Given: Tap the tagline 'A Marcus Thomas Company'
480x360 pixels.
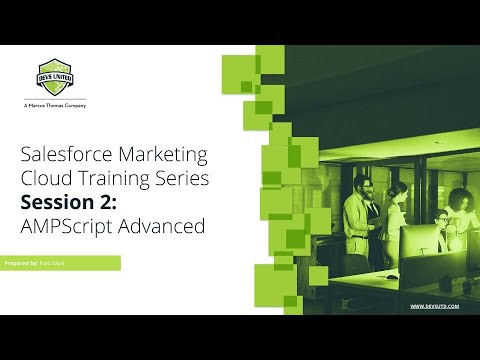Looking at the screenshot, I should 53,105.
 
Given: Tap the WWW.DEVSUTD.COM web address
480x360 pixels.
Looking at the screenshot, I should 435,306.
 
